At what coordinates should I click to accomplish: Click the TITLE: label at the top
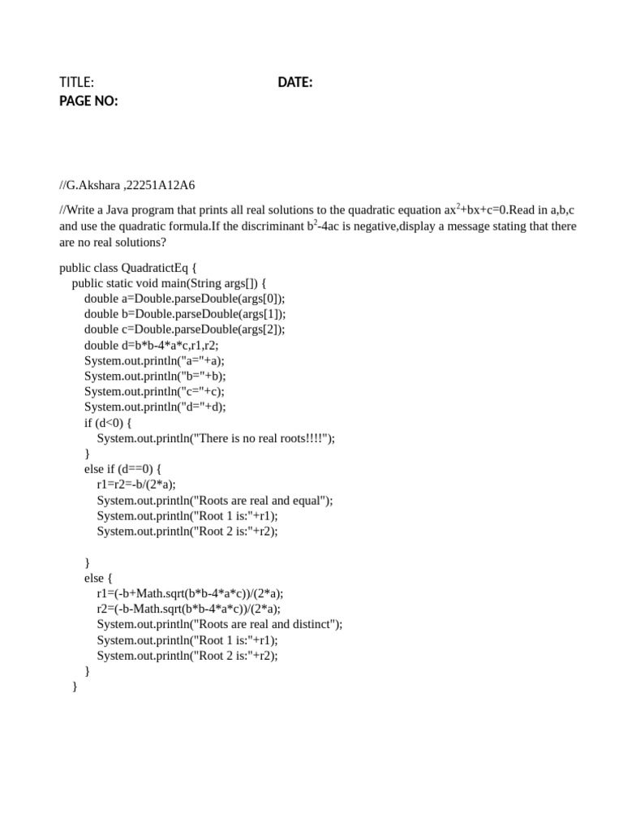[x=77, y=82]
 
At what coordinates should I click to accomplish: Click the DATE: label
[x=295, y=82]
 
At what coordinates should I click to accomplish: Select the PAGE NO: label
[x=88, y=101]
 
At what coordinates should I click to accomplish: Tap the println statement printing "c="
[x=155, y=391]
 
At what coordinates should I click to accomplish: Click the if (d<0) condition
[x=108, y=422]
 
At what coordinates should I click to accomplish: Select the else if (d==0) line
[x=124, y=469]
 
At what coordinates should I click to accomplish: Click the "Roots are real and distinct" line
[x=220, y=624]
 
